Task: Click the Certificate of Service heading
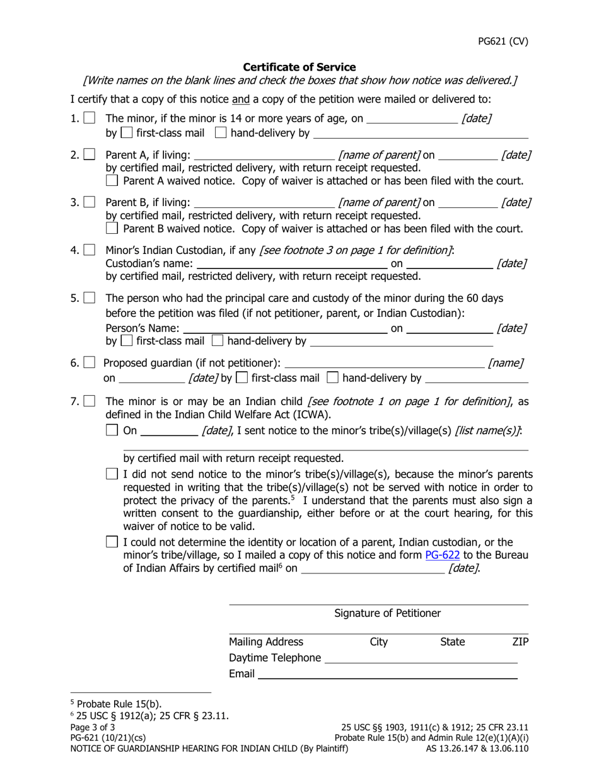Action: coord(299,67)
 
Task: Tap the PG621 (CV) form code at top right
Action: coord(503,42)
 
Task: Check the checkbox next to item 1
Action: coord(90,118)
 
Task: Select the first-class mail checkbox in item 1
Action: coord(127,133)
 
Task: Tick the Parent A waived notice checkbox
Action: coord(112,181)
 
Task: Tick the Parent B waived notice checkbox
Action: coord(112,228)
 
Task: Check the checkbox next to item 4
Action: coord(90,250)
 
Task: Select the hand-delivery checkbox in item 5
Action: coord(218,342)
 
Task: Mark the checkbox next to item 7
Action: coord(90,401)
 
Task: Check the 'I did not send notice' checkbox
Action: coord(112,474)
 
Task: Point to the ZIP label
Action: coord(520,641)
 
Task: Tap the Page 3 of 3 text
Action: coord(93,726)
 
